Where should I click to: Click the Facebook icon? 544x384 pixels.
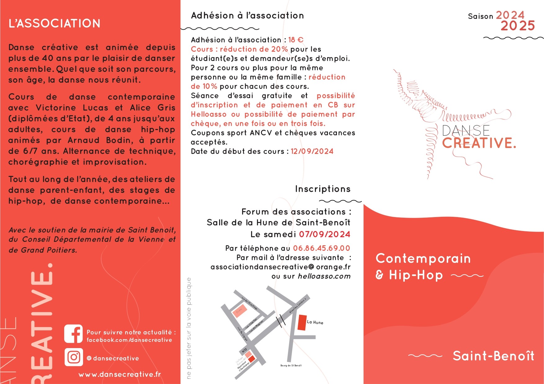73,334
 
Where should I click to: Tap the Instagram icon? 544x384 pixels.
73,357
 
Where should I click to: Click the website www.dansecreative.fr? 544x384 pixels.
120,374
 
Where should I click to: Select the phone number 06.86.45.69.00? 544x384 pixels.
321,248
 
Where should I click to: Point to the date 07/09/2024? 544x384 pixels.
325,234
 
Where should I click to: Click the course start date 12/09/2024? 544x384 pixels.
312,151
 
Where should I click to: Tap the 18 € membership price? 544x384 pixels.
296,40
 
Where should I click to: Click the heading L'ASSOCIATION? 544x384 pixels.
55,24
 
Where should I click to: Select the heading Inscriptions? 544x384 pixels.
323,189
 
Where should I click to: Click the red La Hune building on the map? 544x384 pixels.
302,322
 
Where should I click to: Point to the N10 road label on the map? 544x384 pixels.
244,351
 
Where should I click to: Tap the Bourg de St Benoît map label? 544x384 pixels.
291,366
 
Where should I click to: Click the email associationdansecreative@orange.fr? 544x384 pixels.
280,267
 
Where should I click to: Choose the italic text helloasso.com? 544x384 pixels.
324,276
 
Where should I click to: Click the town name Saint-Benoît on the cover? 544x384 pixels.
493,356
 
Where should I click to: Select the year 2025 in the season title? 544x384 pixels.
518,26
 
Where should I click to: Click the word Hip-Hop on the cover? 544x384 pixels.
416,275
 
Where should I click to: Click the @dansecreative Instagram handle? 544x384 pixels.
113,358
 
